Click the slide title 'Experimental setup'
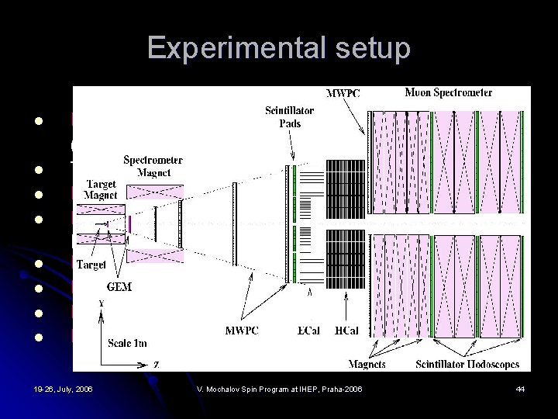click(278, 49)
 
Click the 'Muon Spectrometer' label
click(448, 93)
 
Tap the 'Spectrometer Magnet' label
click(153, 167)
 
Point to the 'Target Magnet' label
click(100, 190)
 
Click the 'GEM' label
click(119, 287)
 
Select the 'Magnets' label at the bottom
click(367, 364)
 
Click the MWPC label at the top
click(342, 94)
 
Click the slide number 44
click(520, 388)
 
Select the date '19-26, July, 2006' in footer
click(63, 388)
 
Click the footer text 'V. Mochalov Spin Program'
click(278, 388)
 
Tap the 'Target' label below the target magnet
click(91, 265)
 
